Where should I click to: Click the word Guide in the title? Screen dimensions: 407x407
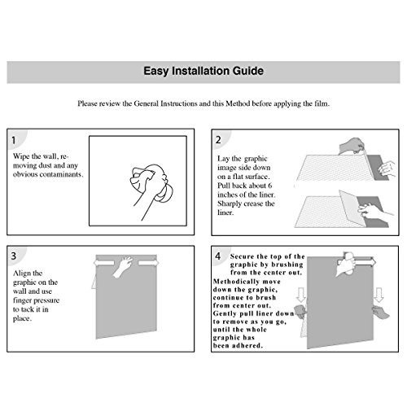click(248, 71)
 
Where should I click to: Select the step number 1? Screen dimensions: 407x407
click(13, 140)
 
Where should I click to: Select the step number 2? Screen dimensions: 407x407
click(218, 140)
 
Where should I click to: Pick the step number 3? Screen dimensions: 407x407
click(14, 256)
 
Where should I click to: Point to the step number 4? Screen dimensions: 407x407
click(217, 256)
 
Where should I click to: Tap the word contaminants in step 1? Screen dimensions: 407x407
click(61, 174)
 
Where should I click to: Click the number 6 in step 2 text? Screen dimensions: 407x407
click(269, 186)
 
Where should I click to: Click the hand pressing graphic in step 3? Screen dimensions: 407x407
click(122, 267)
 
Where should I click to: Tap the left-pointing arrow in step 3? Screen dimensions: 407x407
click(104, 263)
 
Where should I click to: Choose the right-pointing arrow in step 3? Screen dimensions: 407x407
click(148, 263)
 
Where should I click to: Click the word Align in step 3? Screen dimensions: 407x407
click(20, 274)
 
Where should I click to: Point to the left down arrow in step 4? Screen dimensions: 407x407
click(301, 295)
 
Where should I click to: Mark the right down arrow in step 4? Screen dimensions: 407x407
click(379, 295)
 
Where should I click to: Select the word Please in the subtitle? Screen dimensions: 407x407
click(87, 103)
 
